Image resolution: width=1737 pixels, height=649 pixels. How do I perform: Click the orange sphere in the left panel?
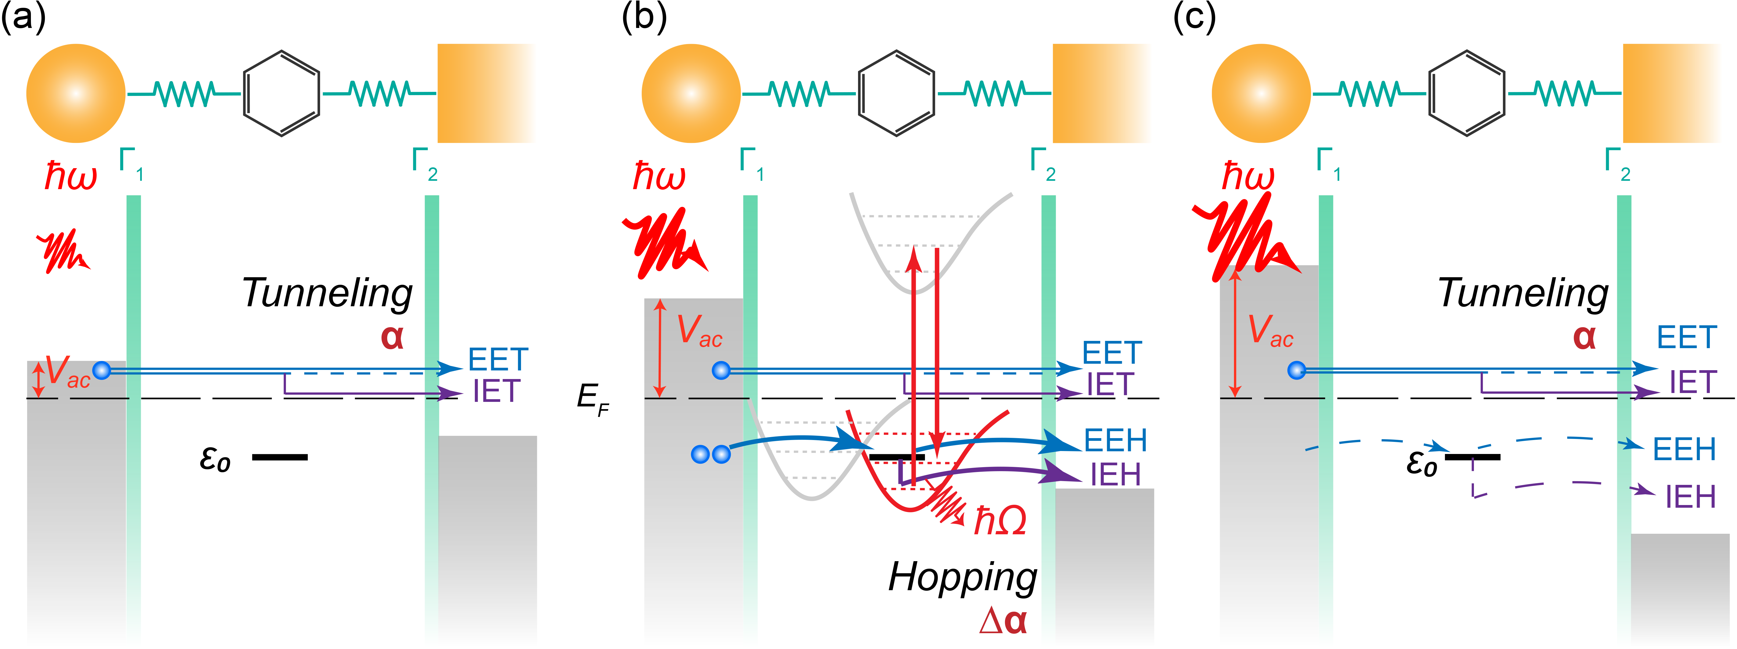point(76,94)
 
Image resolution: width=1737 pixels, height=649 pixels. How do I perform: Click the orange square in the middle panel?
point(1102,94)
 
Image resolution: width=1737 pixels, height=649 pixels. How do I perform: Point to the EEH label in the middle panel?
point(1115,441)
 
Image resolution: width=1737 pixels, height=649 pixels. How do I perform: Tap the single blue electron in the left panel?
point(102,370)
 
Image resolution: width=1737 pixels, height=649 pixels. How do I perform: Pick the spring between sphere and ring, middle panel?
point(799,94)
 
